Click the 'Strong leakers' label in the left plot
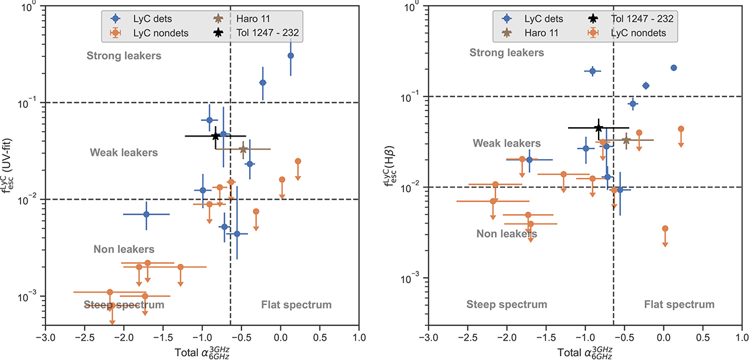point(124,56)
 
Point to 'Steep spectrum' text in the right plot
point(507,304)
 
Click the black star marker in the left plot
point(215,136)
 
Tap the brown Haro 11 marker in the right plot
point(626,140)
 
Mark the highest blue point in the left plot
point(291,56)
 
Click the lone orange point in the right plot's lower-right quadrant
point(665,229)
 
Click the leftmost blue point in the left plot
point(146,214)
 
